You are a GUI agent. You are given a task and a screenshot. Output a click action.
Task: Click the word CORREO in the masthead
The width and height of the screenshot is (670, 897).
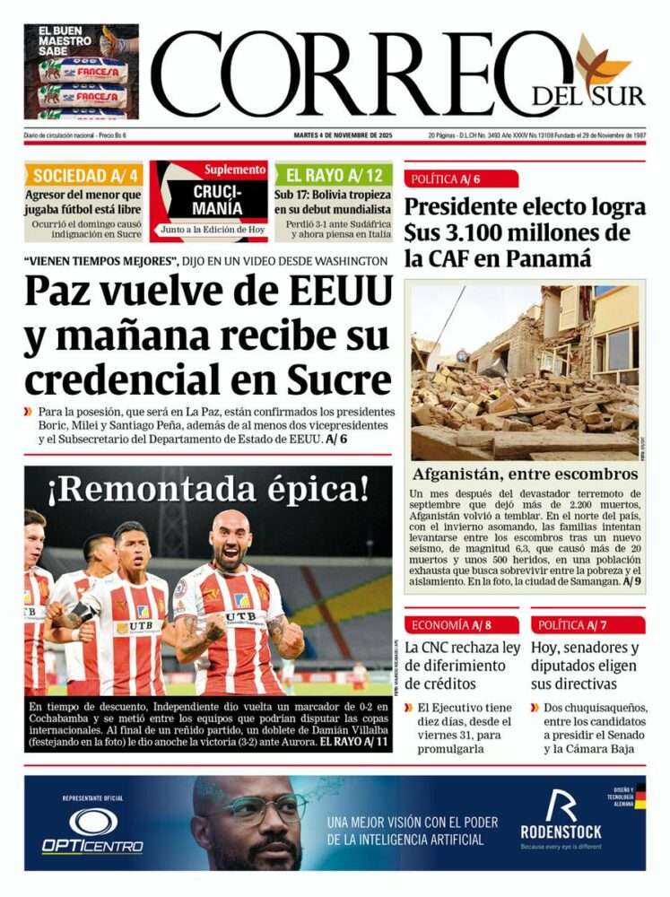pos(345,75)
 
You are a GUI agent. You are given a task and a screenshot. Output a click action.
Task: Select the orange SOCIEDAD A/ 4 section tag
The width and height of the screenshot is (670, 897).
pos(83,175)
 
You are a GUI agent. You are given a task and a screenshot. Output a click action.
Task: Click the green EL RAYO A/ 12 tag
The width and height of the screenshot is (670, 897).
pos(334,175)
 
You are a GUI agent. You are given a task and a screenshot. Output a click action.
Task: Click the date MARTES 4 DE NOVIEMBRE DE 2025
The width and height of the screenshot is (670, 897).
pos(344,135)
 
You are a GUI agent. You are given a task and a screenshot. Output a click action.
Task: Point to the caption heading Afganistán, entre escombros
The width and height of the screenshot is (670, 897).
pos(525,474)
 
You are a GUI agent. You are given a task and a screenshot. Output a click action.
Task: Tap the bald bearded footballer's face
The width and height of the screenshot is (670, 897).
pos(231,541)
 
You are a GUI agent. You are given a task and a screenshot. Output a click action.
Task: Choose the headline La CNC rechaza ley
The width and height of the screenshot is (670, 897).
pos(462,647)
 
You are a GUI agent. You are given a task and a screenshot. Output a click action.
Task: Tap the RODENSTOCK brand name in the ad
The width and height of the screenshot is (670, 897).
pos(561,832)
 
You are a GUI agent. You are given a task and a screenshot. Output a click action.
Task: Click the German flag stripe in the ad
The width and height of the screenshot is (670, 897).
pos(640,794)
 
